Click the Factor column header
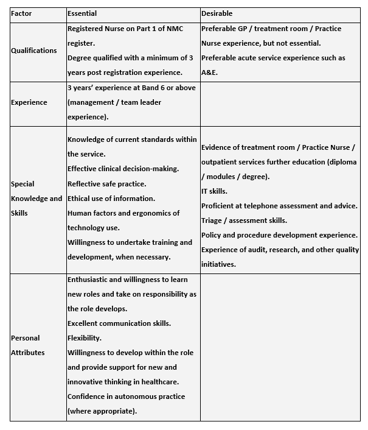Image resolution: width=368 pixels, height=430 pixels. pyautogui.click(x=21, y=13)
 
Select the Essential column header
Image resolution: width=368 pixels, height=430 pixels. pyautogui.click(x=82, y=13)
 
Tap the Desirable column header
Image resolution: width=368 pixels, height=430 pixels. pyautogui.click(x=217, y=13)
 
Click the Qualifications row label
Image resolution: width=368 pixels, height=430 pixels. pyautogui.click(x=34, y=51)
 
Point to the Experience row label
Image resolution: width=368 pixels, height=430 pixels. pyautogui.click(x=29, y=102)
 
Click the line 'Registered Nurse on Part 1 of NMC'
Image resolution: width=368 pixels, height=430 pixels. pyautogui.click(x=125, y=29)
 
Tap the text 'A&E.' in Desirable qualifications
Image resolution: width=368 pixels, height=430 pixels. pyautogui.click(x=210, y=72)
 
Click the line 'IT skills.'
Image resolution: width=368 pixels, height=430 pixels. pyautogui.click(x=214, y=191)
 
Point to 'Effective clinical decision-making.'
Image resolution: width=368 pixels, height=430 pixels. pyautogui.click(x=123, y=169)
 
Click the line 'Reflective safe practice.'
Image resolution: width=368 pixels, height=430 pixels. pyautogui.click(x=106, y=183)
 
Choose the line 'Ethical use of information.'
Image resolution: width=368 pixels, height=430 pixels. pyautogui.click(x=111, y=198)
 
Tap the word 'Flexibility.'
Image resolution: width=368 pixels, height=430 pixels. pyautogui.click(x=84, y=337)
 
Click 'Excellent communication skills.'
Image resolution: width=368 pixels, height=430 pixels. pyautogui.click(x=119, y=323)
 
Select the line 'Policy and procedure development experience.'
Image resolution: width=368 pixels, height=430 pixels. pyautogui.click(x=279, y=235)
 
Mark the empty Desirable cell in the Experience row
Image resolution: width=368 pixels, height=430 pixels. pyautogui.click(x=280, y=104)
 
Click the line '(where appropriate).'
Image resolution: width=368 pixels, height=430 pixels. pyautogui.click(x=102, y=411)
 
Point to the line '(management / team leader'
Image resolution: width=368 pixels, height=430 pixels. pyautogui.click(x=114, y=102)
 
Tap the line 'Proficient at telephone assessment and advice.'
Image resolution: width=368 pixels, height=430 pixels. pyautogui.click(x=279, y=206)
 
